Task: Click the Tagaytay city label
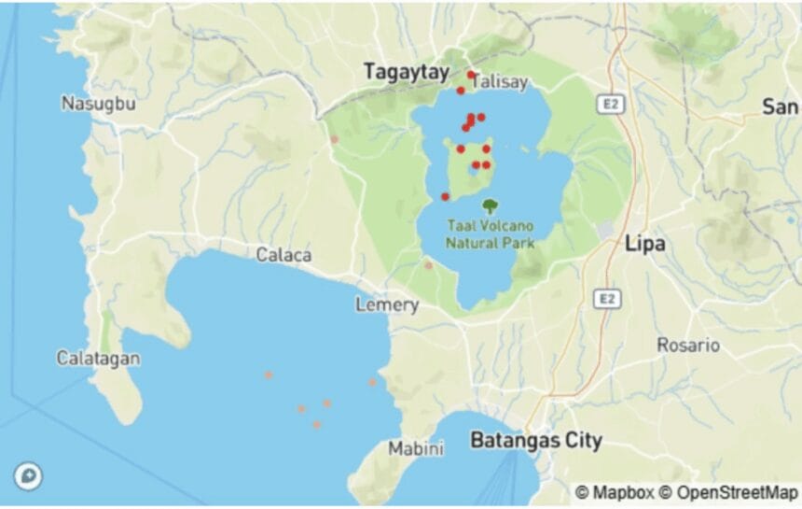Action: pyautogui.click(x=406, y=72)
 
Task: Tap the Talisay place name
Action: pyautogui.click(x=501, y=82)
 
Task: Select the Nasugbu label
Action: pyautogui.click(x=98, y=103)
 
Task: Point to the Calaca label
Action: pyautogui.click(x=284, y=255)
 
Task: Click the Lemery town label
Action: pyautogui.click(x=386, y=305)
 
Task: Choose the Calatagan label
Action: pyautogui.click(x=98, y=358)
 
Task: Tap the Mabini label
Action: pyautogui.click(x=415, y=449)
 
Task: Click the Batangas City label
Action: pyautogui.click(x=535, y=440)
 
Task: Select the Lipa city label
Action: pyautogui.click(x=644, y=244)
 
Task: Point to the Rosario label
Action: pyautogui.click(x=688, y=345)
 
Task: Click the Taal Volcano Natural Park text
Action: pyautogui.click(x=491, y=234)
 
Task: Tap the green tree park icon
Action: pyautogui.click(x=490, y=205)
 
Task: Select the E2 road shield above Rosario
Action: pyautogui.click(x=607, y=299)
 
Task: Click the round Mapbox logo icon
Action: pyautogui.click(x=29, y=476)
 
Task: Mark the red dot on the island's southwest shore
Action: pyautogui.click(x=445, y=196)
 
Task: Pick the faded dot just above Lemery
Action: pyautogui.click(x=429, y=265)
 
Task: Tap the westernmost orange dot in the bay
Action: pyautogui.click(x=269, y=375)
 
